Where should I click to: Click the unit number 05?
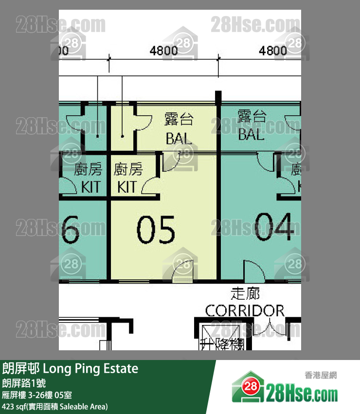click(x=155, y=230)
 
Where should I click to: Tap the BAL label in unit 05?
click(x=179, y=139)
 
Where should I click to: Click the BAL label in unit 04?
click(x=251, y=134)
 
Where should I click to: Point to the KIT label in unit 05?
click(x=126, y=187)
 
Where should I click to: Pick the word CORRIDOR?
click(x=245, y=310)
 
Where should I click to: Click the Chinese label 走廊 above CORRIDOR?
click(x=245, y=294)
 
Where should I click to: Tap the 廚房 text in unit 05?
click(x=128, y=170)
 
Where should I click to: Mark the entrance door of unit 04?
click(x=253, y=270)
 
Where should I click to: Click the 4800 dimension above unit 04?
click(x=272, y=50)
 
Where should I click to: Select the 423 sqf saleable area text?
click(x=55, y=406)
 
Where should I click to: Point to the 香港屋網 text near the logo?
click(x=321, y=375)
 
